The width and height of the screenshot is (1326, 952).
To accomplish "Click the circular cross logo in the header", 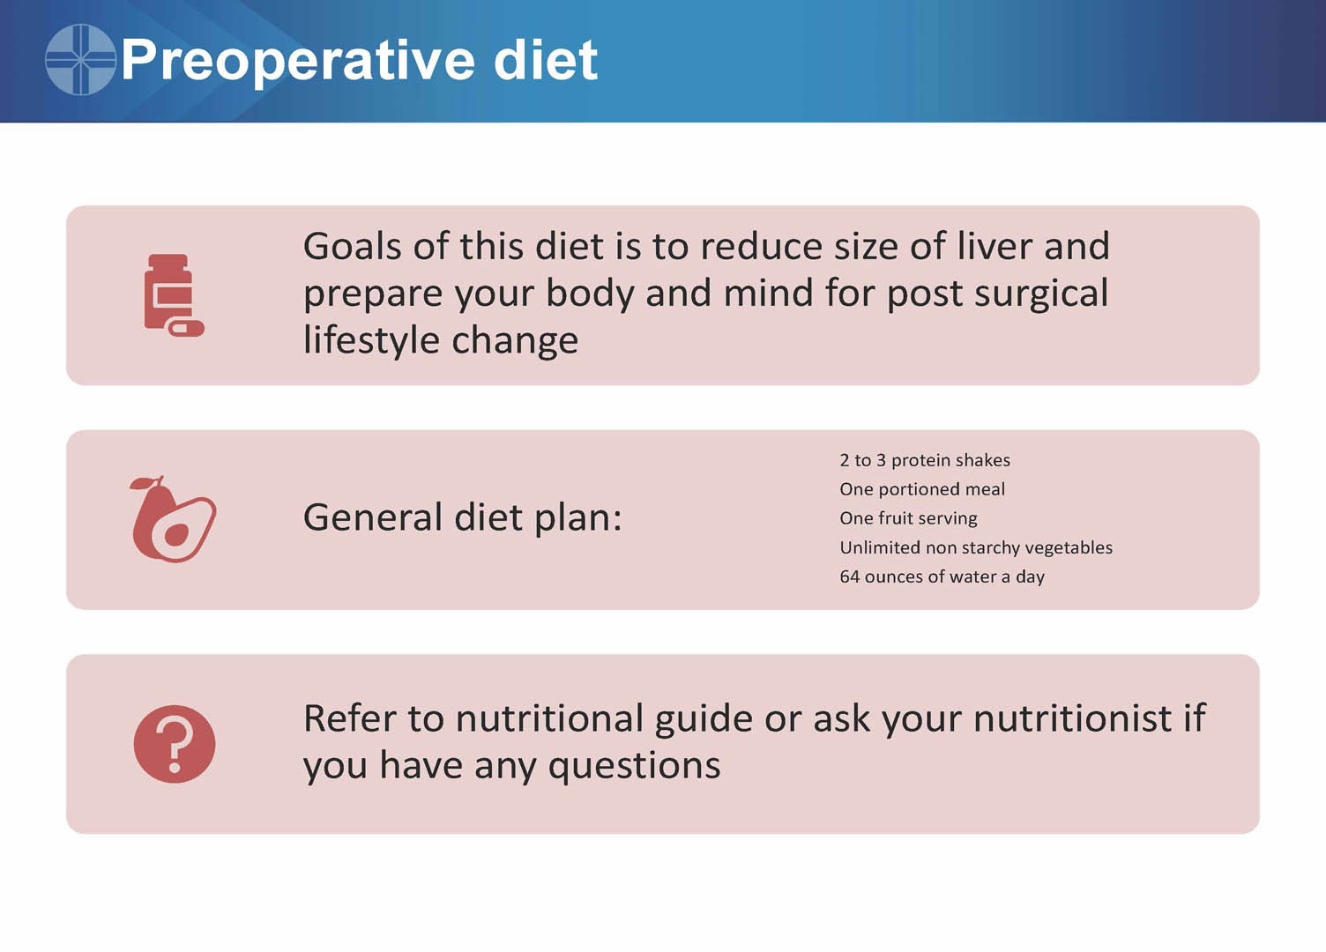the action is point(80,59).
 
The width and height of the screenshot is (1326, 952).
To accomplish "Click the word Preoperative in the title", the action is point(298,62).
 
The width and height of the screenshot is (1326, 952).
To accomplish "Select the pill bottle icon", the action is point(174,295).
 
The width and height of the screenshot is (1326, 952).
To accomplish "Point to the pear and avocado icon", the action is point(173,519).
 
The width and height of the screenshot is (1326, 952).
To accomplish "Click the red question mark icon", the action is point(175,744).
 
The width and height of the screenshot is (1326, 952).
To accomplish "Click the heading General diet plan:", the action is point(462,517).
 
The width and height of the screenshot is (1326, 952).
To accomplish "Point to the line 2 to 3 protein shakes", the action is point(925,460).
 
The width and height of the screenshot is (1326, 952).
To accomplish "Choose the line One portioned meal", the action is point(922,489).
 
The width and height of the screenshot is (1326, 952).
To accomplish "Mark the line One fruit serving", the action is point(908,518).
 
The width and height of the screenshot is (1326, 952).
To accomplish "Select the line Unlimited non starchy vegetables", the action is point(976,548).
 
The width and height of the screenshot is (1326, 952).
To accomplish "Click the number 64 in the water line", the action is point(850,576).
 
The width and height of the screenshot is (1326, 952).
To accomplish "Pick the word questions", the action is point(635,766).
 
